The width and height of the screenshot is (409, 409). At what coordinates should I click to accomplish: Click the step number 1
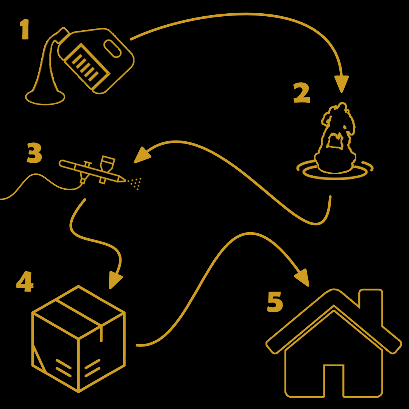25,29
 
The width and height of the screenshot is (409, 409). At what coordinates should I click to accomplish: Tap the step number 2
302,93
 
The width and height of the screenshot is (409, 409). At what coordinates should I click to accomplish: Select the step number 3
34,153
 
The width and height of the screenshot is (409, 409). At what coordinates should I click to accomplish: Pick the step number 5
275,302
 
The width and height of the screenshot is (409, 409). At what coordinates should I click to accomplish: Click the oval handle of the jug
112,48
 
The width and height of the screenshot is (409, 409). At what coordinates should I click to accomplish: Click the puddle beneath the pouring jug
45,98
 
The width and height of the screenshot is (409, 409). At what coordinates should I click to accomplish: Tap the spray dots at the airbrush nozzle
134,183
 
